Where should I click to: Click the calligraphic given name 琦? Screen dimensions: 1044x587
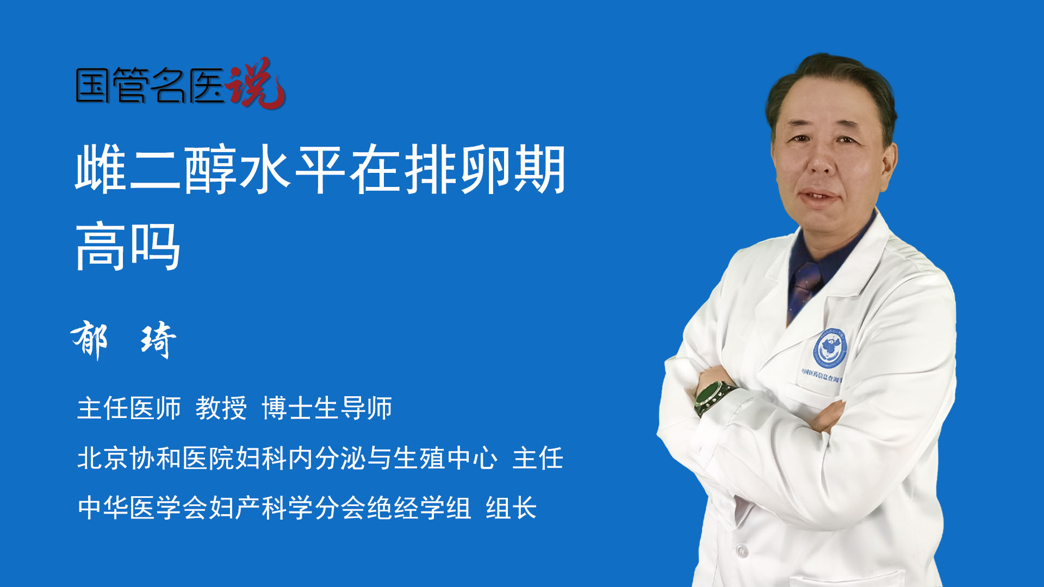pos(158,340)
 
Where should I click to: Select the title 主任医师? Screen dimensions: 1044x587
pos(129,408)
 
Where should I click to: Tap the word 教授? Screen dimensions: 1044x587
pos(221,408)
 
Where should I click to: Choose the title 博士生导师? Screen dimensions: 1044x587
pos(327,408)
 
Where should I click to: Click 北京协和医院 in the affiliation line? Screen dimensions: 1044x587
pos(156,458)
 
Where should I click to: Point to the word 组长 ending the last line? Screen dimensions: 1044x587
pos(511,508)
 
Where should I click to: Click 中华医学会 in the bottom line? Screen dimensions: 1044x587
pos(142,508)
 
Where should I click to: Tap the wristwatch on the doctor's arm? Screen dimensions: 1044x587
pos(713,397)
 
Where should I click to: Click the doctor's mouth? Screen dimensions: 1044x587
pos(819,195)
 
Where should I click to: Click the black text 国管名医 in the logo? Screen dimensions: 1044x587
pos(150,85)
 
